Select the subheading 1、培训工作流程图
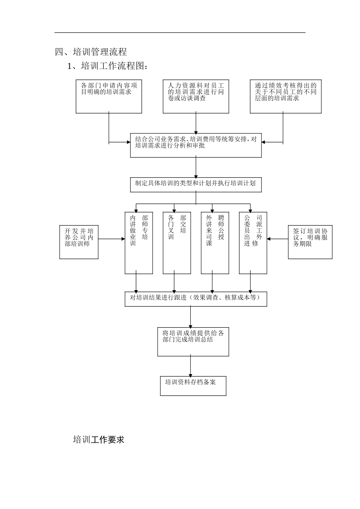107,66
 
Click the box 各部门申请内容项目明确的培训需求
109,96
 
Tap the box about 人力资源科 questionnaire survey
196,96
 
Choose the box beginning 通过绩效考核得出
286,96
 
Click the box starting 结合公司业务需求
196,145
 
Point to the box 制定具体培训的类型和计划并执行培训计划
196,184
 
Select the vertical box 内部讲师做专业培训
139,242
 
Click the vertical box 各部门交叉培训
177,242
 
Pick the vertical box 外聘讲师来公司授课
215,242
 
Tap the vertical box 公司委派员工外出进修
253,242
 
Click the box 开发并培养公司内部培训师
79,242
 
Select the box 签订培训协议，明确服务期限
310,242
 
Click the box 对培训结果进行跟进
196,298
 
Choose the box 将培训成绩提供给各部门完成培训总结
193,341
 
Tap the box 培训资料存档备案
193,386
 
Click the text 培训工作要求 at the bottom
99,440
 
